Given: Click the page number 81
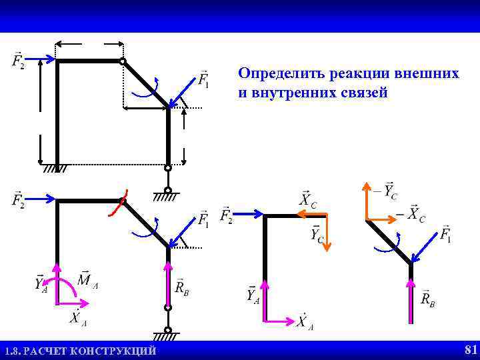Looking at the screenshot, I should (471, 349).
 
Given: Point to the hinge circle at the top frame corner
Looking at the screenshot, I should (123, 62).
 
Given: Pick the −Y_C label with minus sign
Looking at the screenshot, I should (386, 191).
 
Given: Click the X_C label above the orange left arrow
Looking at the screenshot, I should (307, 200).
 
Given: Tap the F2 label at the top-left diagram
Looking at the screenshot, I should (18, 62).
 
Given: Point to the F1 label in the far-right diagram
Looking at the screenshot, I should (445, 235).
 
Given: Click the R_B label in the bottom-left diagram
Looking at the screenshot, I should (182, 289).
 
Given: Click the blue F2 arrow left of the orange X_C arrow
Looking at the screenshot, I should (249, 215).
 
